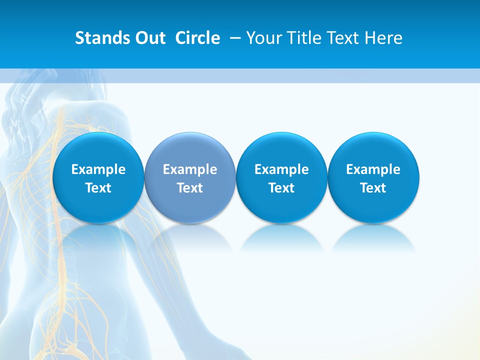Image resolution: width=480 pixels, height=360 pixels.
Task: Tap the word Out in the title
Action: coord(148,38)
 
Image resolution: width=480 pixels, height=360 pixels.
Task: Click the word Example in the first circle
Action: coord(98,169)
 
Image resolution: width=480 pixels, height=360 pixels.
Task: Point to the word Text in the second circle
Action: coord(190,188)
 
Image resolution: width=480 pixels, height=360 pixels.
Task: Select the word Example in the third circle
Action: coord(281,169)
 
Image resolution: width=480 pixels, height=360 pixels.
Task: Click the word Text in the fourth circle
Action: coord(373,188)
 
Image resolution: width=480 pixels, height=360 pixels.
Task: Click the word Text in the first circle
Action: coord(98,188)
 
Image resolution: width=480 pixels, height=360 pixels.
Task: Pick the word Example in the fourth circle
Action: coord(373,169)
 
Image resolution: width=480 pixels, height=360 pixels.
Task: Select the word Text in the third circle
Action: coord(281,188)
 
